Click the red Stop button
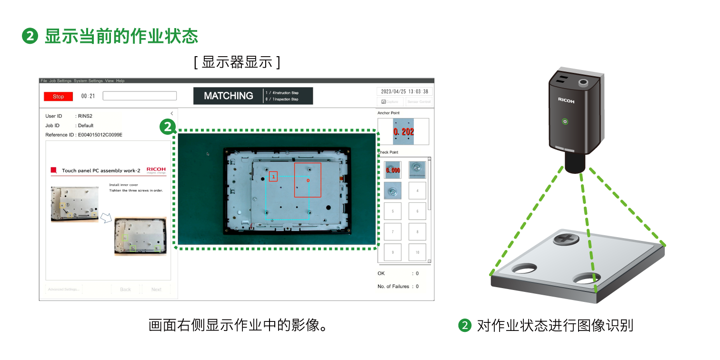[58, 96]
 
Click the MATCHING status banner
[228, 96]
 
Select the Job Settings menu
[60, 80]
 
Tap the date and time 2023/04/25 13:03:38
[404, 91]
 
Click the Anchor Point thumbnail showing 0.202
[403, 131]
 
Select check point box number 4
[417, 190]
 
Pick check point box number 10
[417, 252]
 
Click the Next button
[156, 289]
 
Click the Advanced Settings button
[64, 289]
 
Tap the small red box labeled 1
[273, 177]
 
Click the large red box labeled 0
[308, 180]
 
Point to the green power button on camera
[565, 121]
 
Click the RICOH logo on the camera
[566, 101]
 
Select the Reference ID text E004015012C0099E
[84, 135]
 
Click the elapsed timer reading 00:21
[88, 96]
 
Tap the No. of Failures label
[393, 286]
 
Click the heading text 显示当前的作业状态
[121, 36]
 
